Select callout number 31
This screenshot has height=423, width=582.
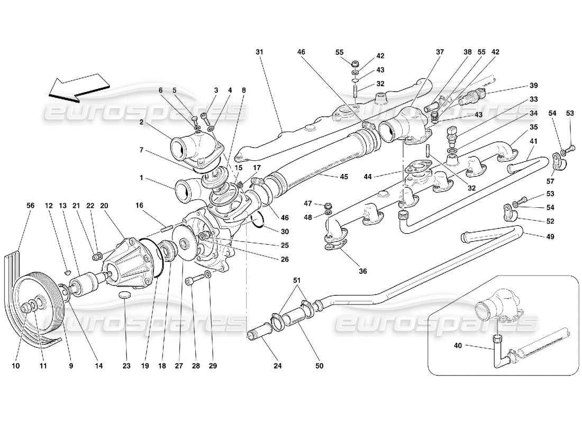259,52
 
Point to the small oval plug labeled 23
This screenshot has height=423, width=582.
125,294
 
